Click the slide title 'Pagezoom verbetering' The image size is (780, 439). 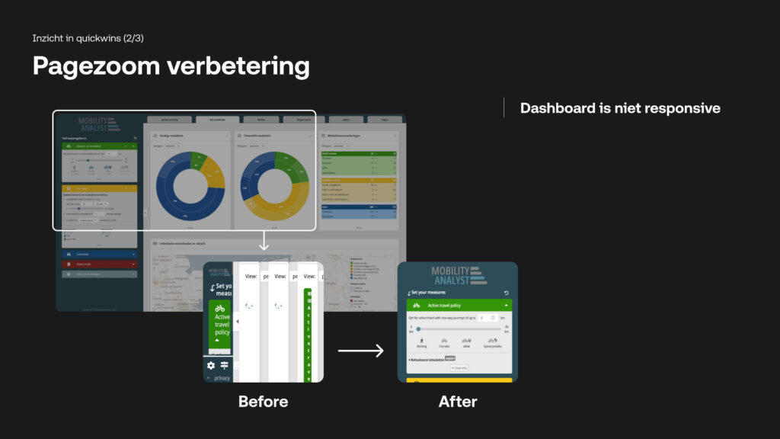pyautogui.click(x=171, y=66)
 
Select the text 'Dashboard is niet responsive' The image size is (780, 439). pyautogui.click(x=620, y=108)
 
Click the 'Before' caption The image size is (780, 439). pyautogui.click(x=263, y=401)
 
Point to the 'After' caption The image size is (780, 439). pyautogui.click(x=458, y=401)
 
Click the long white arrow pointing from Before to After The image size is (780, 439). pyautogui.click(x=360, y=351)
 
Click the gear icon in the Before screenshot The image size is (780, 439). pyautogui.click(x=211, y=366)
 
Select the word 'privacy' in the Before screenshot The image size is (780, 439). pyautogui.click(x=222, y=377)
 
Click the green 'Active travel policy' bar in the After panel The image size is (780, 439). pyautogui.click(x=459, y=305)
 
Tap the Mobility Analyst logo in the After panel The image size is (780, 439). pyautogui.click(x=458, y=275)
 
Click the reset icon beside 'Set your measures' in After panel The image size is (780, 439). pyautogui.click(x=507, y=293)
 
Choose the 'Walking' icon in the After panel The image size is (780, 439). pyautogui.click(x=422, y=342)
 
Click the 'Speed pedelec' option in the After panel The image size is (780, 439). pyautogui.click(x=494, y=342)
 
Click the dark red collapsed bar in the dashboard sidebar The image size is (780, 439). pyautogui.click(x=99, y=264)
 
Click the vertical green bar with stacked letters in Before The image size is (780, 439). pyautogui.click(x=310, y=335)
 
